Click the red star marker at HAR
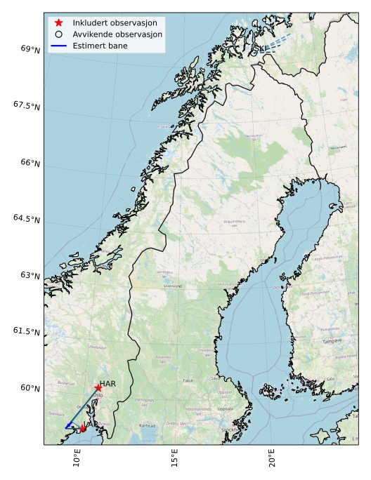98,388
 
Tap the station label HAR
108,384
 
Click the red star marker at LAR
83,428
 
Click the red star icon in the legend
59,23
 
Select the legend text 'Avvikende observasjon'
117,34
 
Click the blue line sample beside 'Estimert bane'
59,45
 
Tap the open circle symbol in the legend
59,34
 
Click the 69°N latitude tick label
30,49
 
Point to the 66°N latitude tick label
30,162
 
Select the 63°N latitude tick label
30,275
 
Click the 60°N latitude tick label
30,388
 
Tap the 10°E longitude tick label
77,460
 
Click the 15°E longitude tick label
174,460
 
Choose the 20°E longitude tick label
272,460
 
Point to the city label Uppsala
226,408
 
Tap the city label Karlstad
148,425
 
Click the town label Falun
188,380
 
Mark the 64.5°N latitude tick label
27,219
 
